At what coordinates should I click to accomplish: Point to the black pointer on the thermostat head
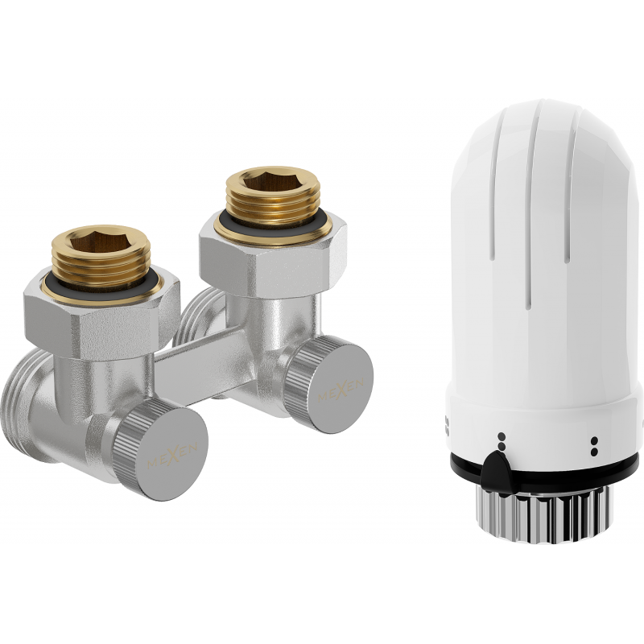[x=497, y=467]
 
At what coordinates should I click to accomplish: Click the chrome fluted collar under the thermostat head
[x=547, y=512]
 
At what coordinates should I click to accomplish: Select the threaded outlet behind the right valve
[x=191, y=322]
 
